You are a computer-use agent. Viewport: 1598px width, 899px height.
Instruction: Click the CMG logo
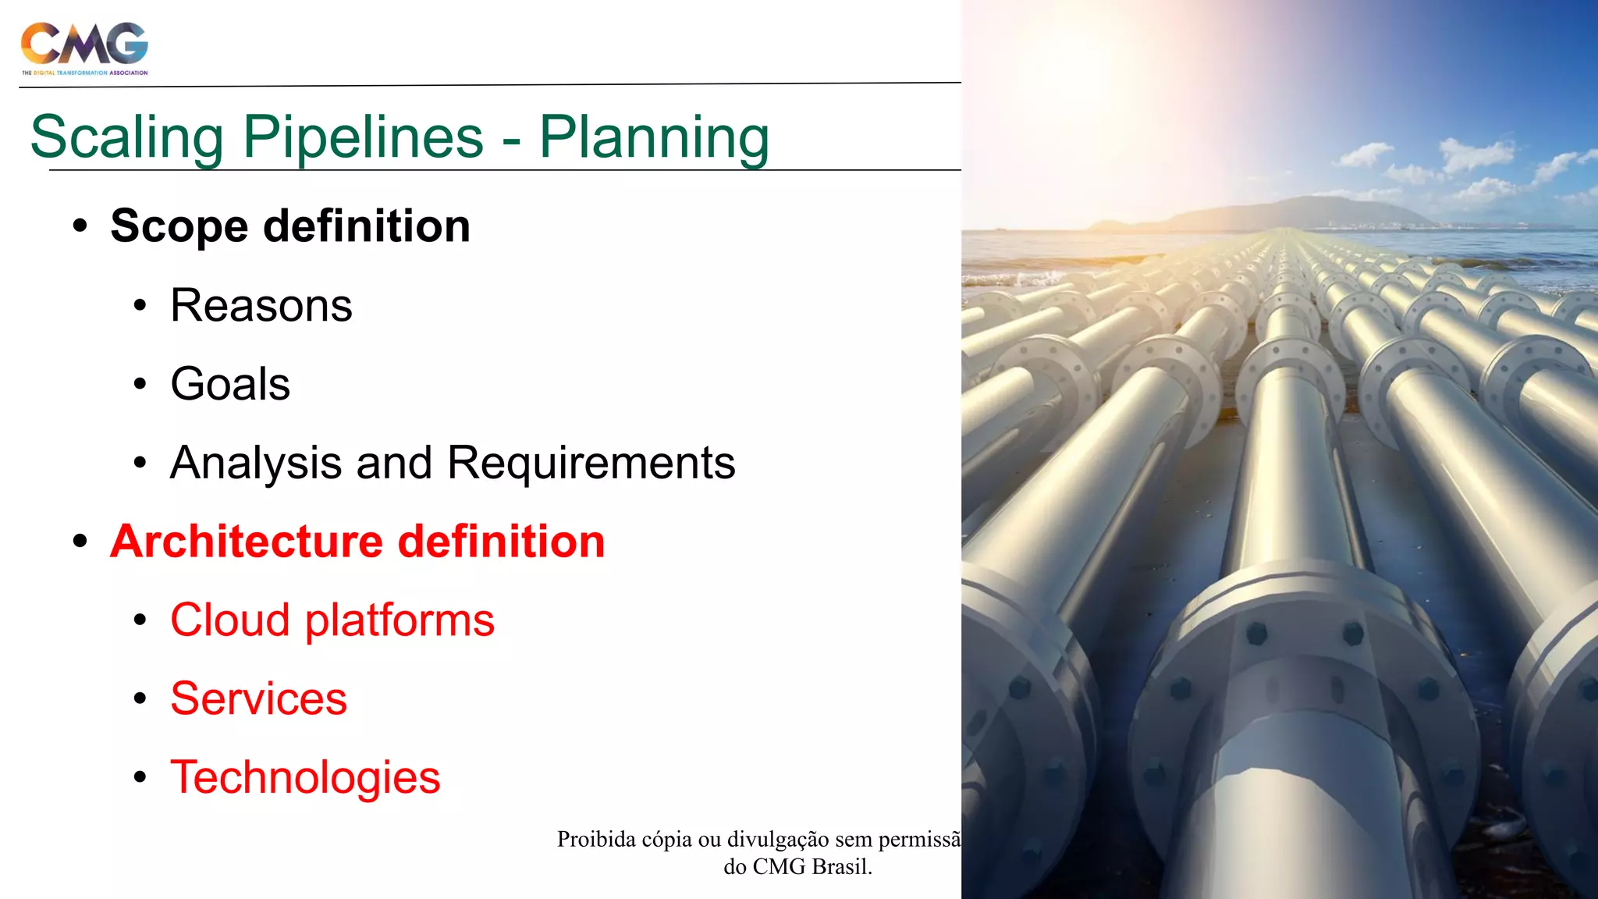tap(84, 47)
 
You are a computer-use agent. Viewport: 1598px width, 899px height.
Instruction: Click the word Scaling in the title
tap(127, 137)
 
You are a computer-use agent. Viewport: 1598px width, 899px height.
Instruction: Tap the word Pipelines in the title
tap(363, 137)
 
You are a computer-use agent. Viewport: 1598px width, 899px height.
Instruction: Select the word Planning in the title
tap(654, 137)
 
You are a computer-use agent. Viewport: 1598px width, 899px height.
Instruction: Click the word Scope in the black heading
tap(179, 226)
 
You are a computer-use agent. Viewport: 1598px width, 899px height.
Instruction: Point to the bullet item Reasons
tap(261, 305)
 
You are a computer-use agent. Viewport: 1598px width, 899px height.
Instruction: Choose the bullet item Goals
tap(230, 384)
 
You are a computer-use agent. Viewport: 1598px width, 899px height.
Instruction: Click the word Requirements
tap(591, 463)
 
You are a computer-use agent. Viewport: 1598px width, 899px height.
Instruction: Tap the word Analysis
tap(256, 463)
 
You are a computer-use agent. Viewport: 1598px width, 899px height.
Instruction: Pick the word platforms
tap(399, 620)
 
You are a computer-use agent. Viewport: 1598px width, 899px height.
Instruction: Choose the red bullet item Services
tap(258, 698)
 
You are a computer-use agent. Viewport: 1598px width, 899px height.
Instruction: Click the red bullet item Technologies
tap(305, 777)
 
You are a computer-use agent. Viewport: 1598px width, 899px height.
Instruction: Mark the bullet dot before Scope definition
tap(80, 226)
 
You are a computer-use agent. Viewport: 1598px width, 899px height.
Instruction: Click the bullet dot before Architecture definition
tap(80, 541)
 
